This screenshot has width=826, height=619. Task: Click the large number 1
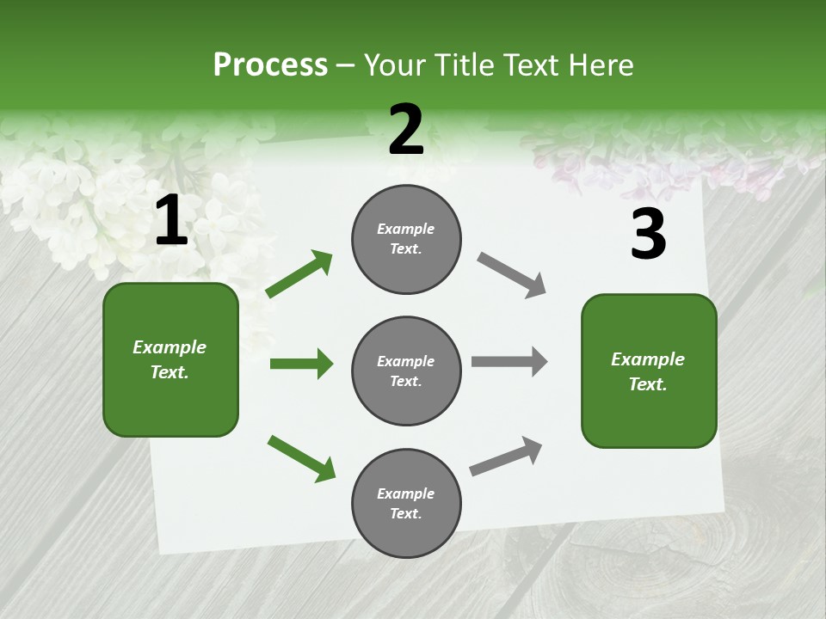pyautogui.click(x=171, y=221)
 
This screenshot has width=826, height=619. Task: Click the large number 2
pyautogui.click(x=406, y=130)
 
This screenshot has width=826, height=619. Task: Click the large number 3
pyautogui.click(x=648, y=235)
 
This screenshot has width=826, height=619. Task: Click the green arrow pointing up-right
pyautogui.click(x=299, y=273)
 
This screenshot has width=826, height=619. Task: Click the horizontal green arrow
pyautogui.click(x=301, y=364)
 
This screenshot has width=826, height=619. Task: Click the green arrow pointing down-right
pyautogui.click(x=302, y=458)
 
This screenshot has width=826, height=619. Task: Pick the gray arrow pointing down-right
pyautogui.click(x=512, y=275)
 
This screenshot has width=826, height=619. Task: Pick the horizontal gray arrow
pyautogui.click(x=509, y=362)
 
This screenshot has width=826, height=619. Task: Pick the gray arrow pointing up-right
pyautogui.click(x=506, y=456)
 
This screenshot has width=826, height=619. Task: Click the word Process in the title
pyautogui.click(x=270, y=64)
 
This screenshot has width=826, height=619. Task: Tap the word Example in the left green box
pyautogui.click(x=170, y=347)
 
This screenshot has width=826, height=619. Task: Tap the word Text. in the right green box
pyautogui.click(x=648, y=384)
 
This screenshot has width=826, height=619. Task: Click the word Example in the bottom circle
pyautogui.click(x=406, y=493)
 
